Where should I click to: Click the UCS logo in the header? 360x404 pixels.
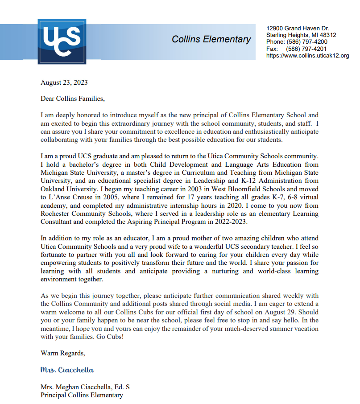(59, 41)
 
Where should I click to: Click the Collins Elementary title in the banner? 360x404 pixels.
(211, 39)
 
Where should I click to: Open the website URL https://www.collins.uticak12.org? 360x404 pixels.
(307, 56)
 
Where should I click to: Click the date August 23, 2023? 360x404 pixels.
(64, 82)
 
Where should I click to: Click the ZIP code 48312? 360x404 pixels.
(327, 35)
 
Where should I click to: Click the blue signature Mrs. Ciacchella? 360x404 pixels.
(67, 370)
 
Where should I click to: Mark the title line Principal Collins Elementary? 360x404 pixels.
(82, 395)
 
